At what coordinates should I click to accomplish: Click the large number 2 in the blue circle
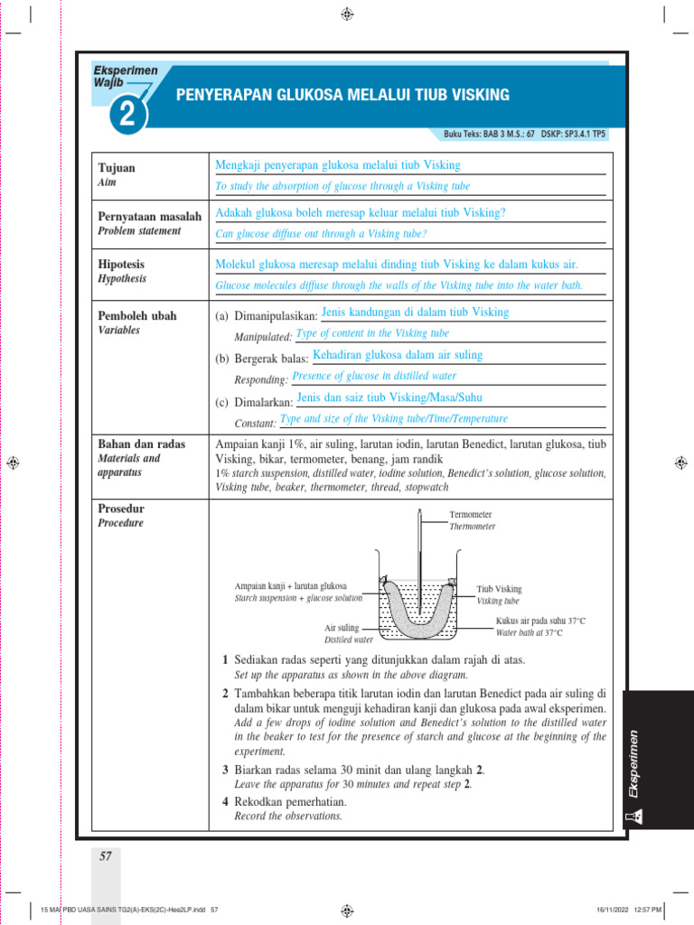[x=127, y=114]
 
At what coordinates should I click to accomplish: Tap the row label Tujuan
[x=117, y=168]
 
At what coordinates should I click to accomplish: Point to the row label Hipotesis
[x=121, y=265]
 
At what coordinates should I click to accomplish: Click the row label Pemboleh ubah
[x=137, y=316]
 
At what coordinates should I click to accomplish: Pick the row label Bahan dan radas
[x=142, y=444]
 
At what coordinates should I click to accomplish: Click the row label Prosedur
[x=121, y=509]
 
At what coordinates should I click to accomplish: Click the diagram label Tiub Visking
[x=500, y=589]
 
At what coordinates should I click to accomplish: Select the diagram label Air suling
[x=342, y=627]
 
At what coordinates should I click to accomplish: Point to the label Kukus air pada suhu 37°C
[x=540, y=621]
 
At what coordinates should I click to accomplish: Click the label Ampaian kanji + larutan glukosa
[x=290, y=585]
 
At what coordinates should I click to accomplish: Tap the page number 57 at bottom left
[x=106, y=856]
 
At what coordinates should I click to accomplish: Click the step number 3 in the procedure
[x=226, y=769]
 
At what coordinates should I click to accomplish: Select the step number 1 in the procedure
[x=226, y=660]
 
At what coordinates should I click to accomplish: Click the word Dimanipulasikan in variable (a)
[x=276, y=317]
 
